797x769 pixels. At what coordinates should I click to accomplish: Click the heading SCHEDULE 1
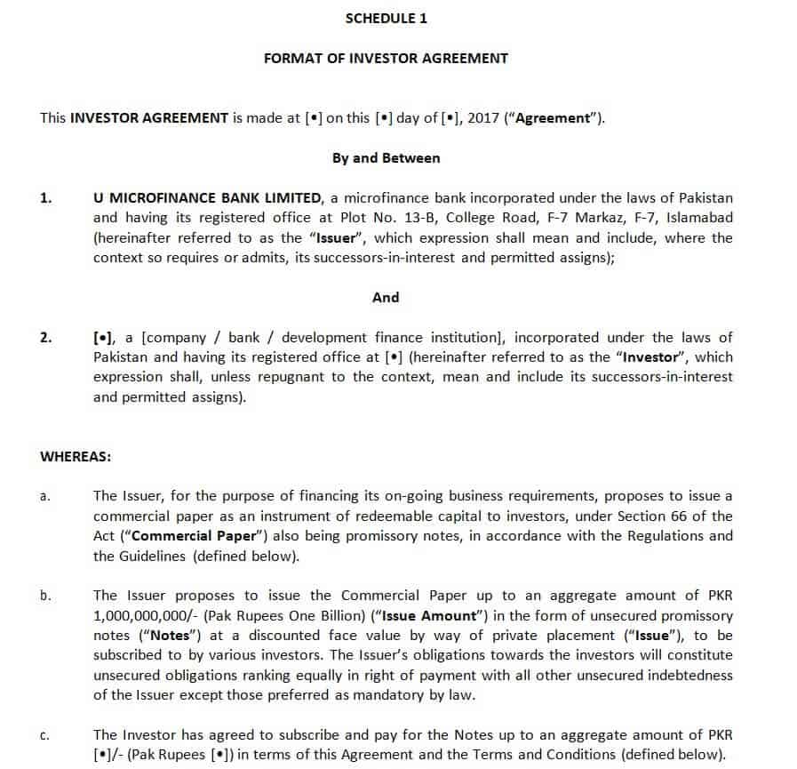[386, 18]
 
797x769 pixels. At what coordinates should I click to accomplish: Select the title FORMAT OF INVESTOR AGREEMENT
[386, 58]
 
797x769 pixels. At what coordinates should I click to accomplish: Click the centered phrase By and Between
[386, 157]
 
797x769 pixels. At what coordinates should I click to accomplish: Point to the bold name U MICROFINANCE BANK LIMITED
[207, 197]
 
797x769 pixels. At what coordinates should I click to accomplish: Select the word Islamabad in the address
[698, 218]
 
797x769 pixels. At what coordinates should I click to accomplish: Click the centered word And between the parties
[386, 297]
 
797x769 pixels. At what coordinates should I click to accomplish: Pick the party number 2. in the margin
[46, 337]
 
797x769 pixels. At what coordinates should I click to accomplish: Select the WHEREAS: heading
[76, 456]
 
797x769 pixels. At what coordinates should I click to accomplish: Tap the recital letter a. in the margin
[44, 496]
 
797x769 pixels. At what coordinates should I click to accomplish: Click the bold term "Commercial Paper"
[190, 535]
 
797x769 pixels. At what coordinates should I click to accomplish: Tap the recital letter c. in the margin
[44, 734]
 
